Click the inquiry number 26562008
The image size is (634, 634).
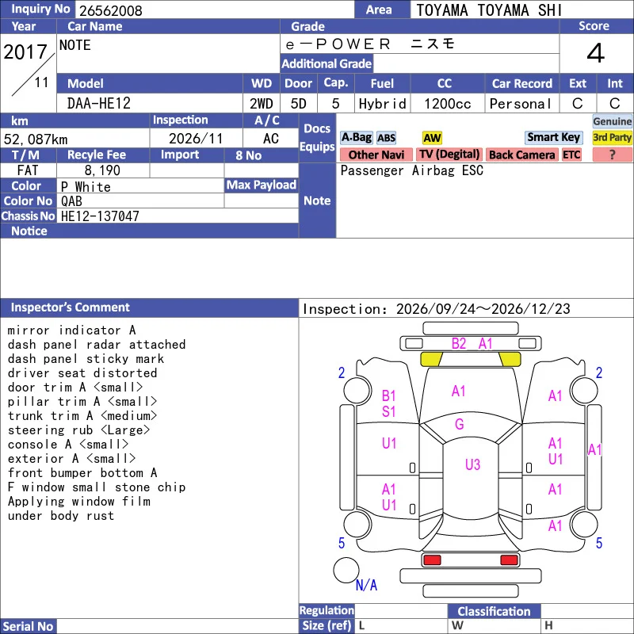pos(111,10)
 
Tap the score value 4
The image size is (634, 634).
pos(596,53)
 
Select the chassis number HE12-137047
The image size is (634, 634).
pos(100,216)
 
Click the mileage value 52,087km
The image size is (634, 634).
pos(36,139)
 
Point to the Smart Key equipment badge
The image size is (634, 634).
pos(553,137)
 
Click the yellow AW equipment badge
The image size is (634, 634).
pos(432,138)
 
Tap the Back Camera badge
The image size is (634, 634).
pos(521,155)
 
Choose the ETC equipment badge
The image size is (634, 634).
pos(571,155)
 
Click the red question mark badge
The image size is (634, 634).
pos(612,155)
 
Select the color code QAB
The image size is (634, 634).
pos(71,201)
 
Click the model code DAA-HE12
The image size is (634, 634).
pos(98,104)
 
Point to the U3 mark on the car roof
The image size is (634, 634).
pos(472,464)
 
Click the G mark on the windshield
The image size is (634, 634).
pos(460,424)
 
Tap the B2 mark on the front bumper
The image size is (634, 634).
pos(459,344)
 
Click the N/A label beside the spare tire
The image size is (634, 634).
pos(366,585)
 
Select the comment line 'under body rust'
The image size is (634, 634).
pos(61,516)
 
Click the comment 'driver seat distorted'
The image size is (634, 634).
pos(82,372)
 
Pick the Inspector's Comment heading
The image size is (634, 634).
pos(71,307)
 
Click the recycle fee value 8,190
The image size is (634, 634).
pos(102,170)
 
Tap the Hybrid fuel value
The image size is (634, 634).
pos(383,104)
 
